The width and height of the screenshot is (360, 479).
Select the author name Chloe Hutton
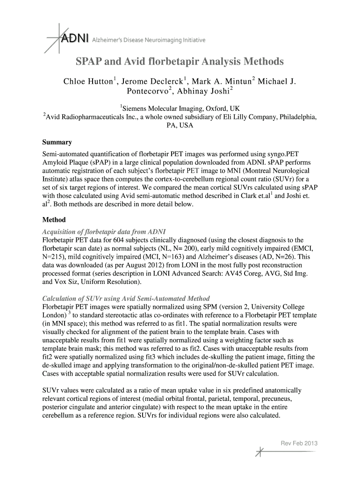87,82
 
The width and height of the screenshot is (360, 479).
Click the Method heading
54,219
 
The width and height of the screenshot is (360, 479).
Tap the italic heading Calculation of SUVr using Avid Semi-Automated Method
126,298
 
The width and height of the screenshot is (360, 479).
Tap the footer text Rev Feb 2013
298,443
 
